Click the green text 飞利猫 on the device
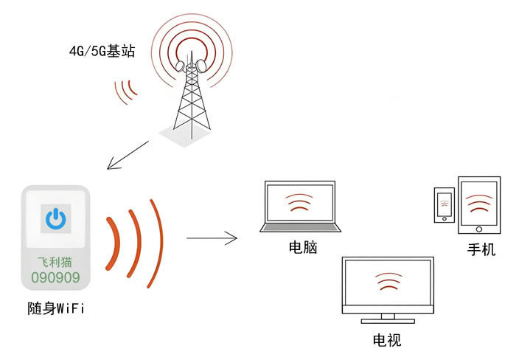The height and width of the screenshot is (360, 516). click(56, 262)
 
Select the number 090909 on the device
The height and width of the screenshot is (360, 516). click(56, 278)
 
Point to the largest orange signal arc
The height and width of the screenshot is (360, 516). click(155, 243)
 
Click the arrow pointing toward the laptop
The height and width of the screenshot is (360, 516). click(212, 238)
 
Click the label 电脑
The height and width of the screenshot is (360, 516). click(302, 248)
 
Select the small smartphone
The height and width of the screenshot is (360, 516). click(444, 204)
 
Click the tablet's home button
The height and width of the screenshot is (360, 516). click(480, 228)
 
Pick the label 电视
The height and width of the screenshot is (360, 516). click(387, 341)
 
